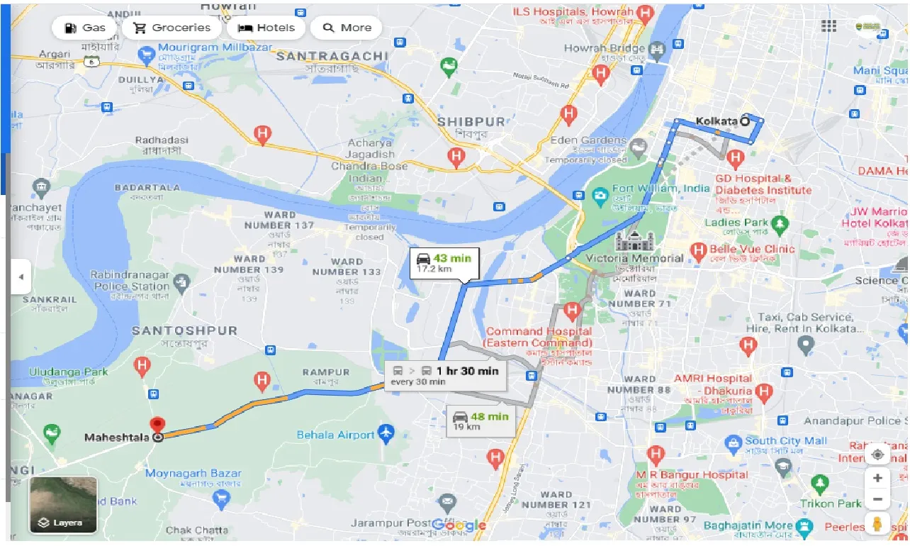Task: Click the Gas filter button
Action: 85,28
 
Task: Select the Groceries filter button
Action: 172,28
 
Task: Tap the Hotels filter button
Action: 266,28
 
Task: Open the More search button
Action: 347,28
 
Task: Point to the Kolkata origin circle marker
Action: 745,121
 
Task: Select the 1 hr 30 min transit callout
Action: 446,375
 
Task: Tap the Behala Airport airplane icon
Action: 386,432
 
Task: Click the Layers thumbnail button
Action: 63,504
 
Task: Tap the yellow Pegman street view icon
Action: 877,525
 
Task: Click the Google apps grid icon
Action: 828,26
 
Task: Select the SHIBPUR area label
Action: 471,121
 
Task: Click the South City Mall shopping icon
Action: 733,445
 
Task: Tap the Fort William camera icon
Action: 600,194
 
